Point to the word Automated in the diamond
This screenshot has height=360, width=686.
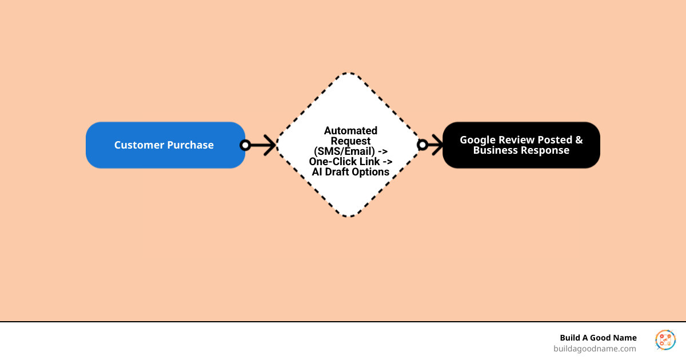pos(350,131)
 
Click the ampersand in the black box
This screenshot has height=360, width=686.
pos(579,140)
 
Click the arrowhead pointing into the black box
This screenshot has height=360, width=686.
pos(437,145)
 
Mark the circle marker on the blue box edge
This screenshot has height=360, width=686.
pos(245,145)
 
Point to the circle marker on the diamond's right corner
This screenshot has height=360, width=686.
pos(422,145)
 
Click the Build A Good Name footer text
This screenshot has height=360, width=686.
pos(598,338)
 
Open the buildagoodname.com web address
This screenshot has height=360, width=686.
pos(595,349)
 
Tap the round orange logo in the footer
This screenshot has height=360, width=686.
pos(665,340)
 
